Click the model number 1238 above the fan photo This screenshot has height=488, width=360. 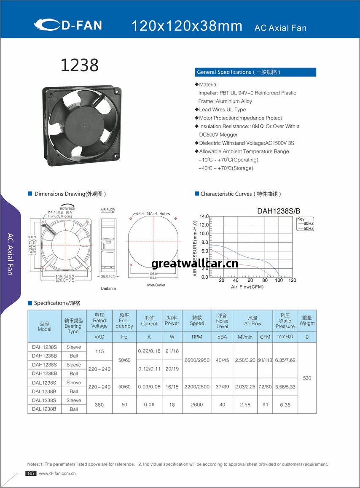point(80,65)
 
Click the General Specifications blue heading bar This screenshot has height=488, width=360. point(255,72)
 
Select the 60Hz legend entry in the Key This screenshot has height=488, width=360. point(308,224)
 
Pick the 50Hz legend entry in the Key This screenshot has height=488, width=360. point(308,229)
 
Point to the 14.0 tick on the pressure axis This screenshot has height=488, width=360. point(204,216)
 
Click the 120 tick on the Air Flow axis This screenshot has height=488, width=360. point(293,280)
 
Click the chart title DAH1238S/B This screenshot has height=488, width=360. point(279,211)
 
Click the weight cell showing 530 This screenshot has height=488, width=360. point(307,378)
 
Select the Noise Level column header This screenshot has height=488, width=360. point(222,321)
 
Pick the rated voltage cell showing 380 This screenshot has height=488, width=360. point(99,404)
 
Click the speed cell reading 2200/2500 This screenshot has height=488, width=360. point(197,387)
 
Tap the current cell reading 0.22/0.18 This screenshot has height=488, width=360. point(149,351)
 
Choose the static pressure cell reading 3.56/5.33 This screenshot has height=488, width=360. point(285,387)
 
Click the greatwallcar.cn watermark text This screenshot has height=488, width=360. point(195,264)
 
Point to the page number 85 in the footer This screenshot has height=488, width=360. point(31,474)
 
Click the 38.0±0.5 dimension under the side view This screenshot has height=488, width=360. point(108,276)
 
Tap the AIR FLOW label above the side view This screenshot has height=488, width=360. point(107,210)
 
